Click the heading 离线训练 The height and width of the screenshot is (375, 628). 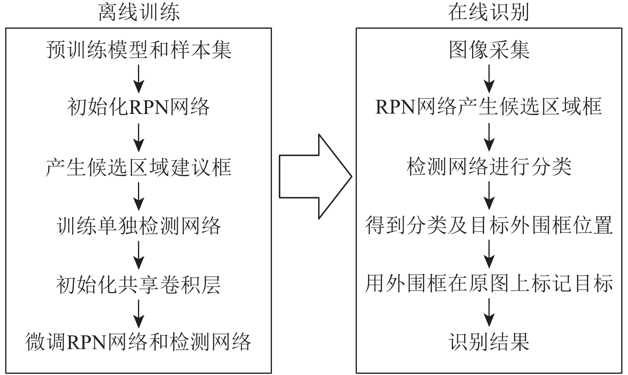pos(139,12)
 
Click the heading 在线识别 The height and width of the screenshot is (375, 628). pos(489,12)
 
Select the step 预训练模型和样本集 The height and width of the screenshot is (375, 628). pos(139,50)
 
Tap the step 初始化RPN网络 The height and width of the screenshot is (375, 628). pos(138,107)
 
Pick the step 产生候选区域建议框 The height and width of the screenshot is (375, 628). pos(138,167)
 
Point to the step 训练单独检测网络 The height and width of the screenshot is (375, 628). pos(139,226)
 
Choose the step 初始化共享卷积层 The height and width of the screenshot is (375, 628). pos(138,285)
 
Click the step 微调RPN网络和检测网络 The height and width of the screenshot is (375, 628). pos(138,342)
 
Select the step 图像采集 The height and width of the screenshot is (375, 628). pos(489,50)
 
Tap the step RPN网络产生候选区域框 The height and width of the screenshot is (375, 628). pos(489,107)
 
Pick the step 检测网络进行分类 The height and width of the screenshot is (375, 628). pos(489,167)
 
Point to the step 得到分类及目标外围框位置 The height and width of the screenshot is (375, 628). pos(489,226)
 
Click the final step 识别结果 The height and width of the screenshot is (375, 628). pos(489,342)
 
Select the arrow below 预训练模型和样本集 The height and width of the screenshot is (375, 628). pos(139,79)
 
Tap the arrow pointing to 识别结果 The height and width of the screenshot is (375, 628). pos(489,312)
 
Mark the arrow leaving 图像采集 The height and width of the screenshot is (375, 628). pos(489,79)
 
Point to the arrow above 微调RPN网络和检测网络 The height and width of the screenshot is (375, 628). pos(139,314)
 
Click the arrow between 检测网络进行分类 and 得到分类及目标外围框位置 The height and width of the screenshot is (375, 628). pos(489,196)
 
